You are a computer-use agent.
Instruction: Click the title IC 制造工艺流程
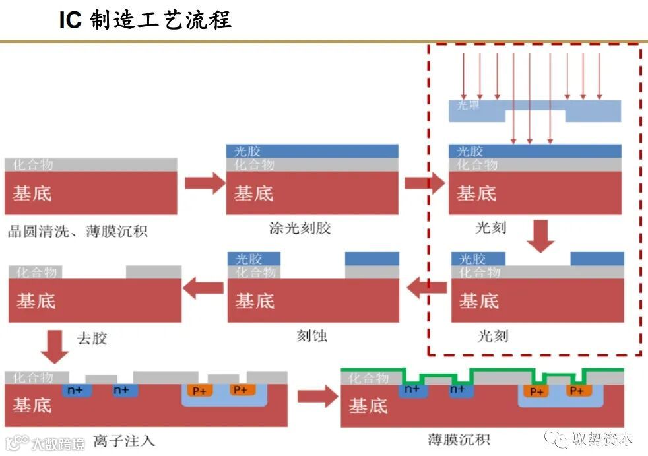coord(145,20)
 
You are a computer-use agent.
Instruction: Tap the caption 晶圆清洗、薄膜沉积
coord(78,231)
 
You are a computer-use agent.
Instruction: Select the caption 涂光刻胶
coord(300,228)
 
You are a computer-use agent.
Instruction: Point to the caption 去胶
coord(92,339)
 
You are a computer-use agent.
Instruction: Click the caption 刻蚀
coord(311,336)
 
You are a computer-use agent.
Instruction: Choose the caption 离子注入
coord(124,440)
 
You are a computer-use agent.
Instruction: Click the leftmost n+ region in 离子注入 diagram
coord(77,390)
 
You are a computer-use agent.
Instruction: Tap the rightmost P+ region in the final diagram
coord(576,391)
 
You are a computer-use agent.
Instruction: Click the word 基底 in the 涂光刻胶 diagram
coord(253,193)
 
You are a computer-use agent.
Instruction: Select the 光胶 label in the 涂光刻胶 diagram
coord(247,151)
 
